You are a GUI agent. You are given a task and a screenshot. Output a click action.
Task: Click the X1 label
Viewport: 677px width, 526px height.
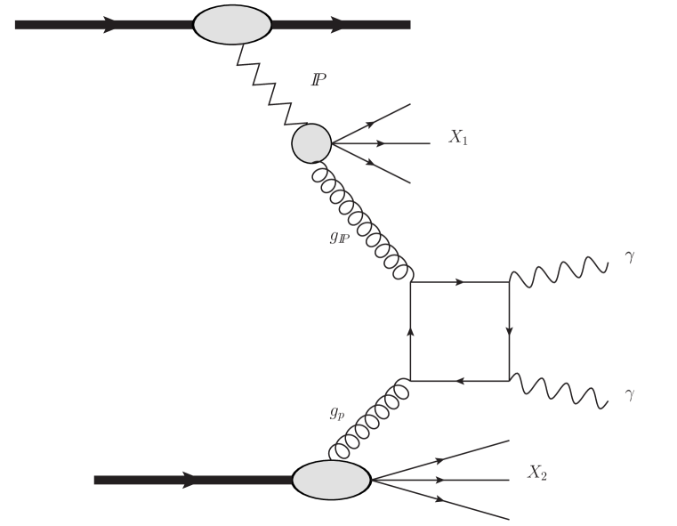point(458,138)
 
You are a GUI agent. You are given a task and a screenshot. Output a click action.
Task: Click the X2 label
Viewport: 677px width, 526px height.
point(536,473)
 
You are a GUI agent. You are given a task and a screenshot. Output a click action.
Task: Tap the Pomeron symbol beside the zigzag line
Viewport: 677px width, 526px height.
point(318,80)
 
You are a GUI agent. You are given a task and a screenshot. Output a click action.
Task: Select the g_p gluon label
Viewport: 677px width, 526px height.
point(335,412)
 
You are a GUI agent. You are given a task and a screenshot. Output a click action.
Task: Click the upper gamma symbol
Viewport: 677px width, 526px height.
point(630,258)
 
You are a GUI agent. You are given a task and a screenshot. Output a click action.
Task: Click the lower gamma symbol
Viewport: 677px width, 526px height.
point(630,393)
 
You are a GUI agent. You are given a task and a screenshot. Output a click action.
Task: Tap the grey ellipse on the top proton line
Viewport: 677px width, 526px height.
point(232,24)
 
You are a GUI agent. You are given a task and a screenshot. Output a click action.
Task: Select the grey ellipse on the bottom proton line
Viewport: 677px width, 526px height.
point(331,480)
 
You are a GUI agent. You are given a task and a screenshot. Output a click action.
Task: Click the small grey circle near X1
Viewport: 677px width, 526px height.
point(311,143)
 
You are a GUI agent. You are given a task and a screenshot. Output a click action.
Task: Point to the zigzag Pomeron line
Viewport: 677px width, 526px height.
point(271,87)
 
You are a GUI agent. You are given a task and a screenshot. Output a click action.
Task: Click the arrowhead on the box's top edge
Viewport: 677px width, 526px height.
point(459,282)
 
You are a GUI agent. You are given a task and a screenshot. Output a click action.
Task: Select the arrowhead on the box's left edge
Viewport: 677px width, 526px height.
point(410,332)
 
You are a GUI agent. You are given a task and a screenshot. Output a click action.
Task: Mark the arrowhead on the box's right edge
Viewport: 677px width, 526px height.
point(509,332)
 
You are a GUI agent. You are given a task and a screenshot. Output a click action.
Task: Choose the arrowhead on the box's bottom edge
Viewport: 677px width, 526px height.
point(459,381)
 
